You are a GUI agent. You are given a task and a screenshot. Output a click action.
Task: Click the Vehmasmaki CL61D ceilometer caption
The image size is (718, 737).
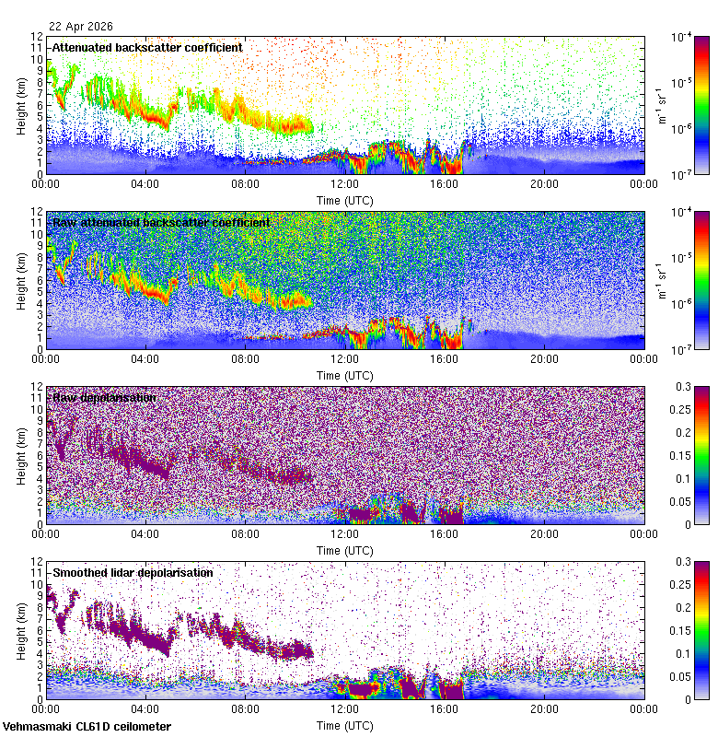click(87, 727)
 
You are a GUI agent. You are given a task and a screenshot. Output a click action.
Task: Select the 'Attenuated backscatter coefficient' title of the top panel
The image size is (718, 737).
click(147, 47)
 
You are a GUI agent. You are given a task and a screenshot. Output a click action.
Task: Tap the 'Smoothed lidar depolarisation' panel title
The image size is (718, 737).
click(133, 572)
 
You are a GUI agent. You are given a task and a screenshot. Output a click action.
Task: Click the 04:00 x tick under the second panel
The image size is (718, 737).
click(145, 359)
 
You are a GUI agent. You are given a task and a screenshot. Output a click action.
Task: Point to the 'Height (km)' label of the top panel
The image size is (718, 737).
click(20, 105)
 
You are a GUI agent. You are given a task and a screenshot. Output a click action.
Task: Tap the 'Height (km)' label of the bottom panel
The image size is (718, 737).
click(20, 630)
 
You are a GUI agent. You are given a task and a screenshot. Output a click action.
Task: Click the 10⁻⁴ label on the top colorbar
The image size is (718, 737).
click(682, 37)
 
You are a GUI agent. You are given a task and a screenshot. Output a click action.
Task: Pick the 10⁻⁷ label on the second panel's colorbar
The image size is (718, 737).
click(682, 349)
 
